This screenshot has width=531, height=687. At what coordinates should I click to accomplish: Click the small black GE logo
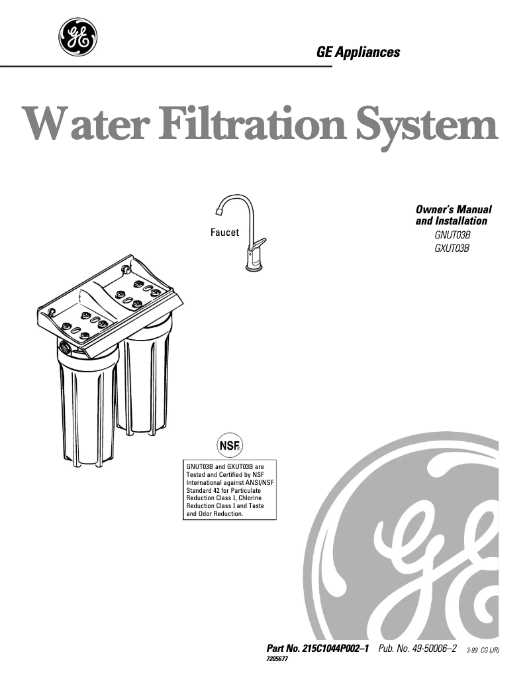click(78, 37)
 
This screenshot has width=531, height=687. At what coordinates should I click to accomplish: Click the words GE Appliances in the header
click(358, 52)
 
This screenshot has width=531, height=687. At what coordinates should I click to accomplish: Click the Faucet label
click(225, 233)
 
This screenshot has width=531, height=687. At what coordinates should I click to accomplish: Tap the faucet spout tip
click(219, 211)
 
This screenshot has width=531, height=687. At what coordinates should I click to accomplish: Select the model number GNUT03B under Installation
click(453, 235)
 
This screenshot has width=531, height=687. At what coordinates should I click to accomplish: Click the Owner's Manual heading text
click(454, 209)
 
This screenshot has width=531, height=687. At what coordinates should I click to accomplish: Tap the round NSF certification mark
click(230, 446)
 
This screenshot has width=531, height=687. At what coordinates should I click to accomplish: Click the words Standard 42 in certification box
click(201, 490)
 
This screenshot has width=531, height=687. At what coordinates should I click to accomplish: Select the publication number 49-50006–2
click(434, 648)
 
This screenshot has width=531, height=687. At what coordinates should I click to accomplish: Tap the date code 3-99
click(472, 651)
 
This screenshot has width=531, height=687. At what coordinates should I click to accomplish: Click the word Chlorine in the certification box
click(250, 498)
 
